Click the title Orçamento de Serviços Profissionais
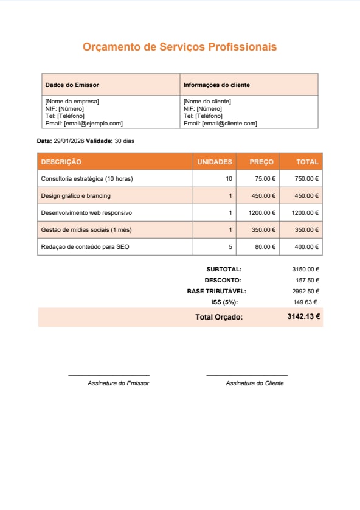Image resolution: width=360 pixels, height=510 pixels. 179,47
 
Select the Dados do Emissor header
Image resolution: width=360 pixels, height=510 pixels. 72,85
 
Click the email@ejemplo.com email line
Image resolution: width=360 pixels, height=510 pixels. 84,124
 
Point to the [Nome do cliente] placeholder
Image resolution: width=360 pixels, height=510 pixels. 207,102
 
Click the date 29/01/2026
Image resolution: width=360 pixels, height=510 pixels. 69,141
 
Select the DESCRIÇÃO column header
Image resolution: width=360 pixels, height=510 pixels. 61,162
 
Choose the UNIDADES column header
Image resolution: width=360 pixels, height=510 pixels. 215,162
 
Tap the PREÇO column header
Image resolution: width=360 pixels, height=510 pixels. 261,162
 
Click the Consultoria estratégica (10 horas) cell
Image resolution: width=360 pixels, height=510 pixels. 86,179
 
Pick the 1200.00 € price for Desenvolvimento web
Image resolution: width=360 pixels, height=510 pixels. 262,213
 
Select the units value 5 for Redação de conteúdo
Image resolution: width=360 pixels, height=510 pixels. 230,247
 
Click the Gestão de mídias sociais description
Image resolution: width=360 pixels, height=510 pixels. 86,230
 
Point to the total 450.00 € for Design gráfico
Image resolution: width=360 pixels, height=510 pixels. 306,196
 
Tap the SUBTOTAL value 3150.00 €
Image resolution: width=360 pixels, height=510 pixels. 305,269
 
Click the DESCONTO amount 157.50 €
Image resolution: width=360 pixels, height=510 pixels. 307,280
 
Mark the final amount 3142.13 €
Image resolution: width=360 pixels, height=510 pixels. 303,317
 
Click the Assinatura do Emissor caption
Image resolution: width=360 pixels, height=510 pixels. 118,383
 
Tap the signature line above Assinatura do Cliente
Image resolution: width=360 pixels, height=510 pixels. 247,376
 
